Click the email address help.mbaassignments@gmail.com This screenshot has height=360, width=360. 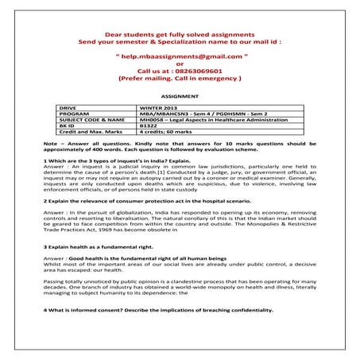(x=180, y=58)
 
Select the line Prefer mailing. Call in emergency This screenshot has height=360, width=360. (x=180, y=79)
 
